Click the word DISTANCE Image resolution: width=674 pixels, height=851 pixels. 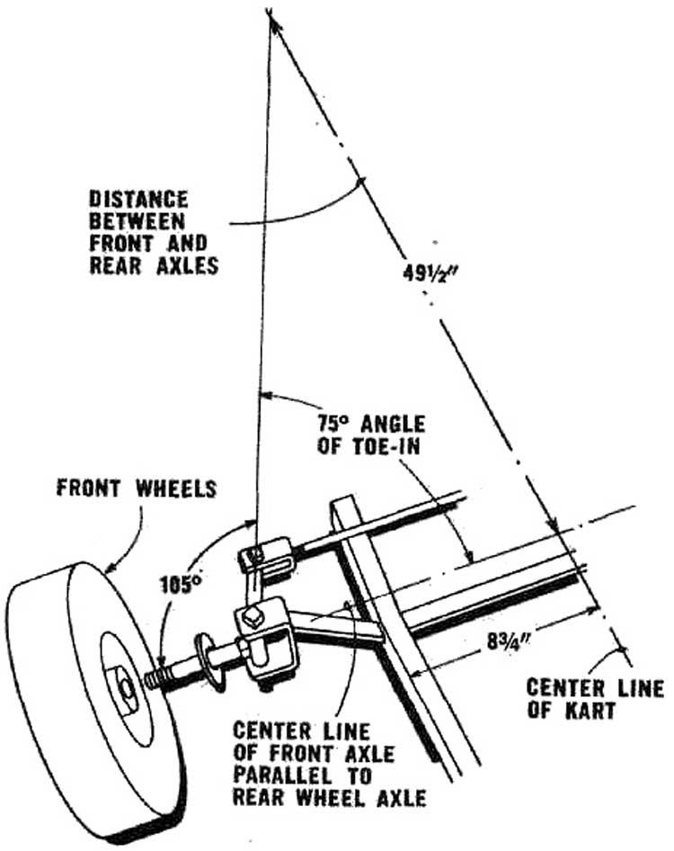click(137, 198)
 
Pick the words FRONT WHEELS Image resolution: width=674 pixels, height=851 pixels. click(137, 489)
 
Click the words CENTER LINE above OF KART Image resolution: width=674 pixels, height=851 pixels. click(594, 689)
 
